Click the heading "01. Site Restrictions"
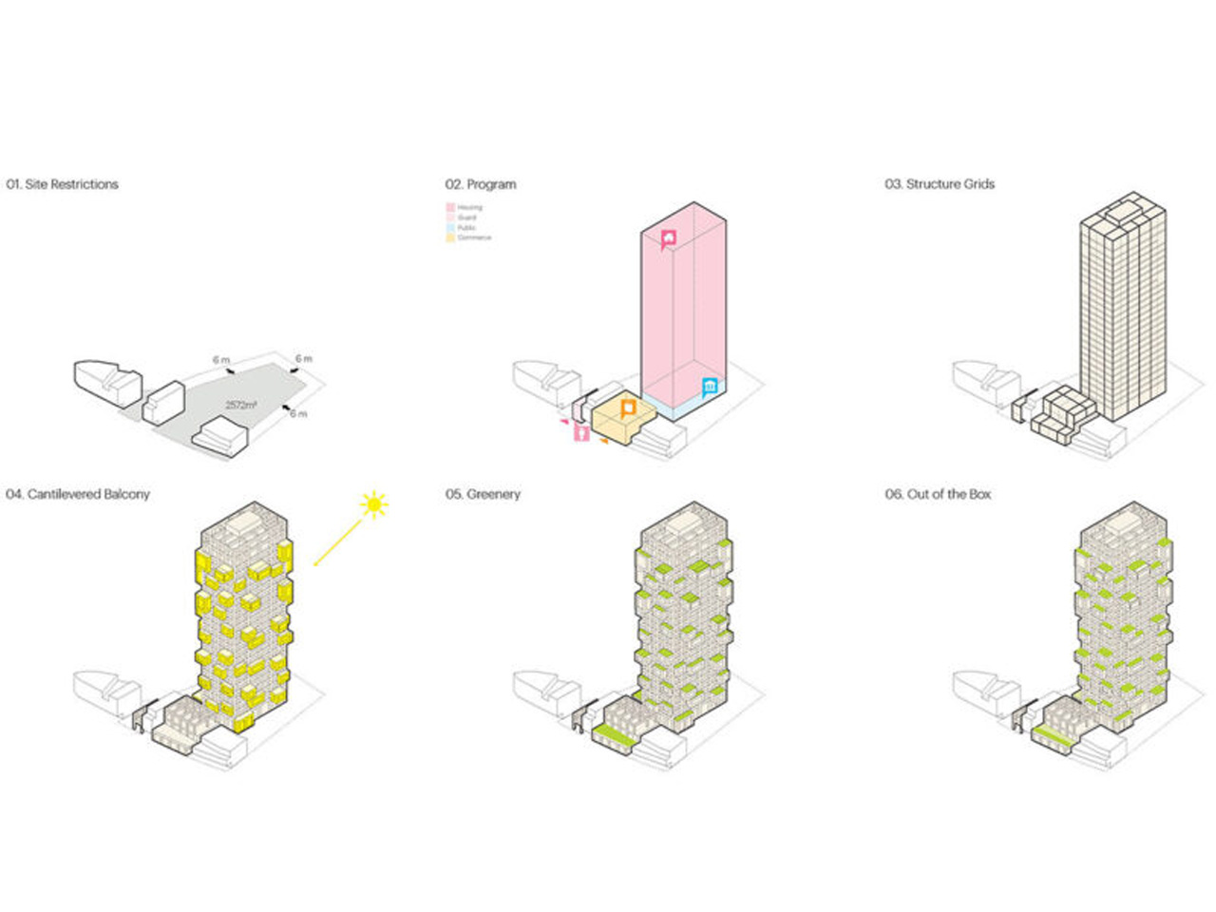pos(63,184)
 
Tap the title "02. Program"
pos(481,184)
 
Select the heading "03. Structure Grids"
pos(940,184)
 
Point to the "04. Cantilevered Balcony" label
pos(78,494)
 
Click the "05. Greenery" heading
pos(484,494)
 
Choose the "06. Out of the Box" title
pos(939,494)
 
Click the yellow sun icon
pos(374,504)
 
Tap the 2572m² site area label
pos(241,405)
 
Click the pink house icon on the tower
pos(671,239)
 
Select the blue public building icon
pos(711,387)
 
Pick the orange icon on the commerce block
pos(627,408)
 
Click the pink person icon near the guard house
pos(581,433)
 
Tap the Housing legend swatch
pos(450,207)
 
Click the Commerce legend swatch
pos(450,237)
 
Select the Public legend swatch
pos(450,228)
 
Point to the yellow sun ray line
pos(338,542)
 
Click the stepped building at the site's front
pos(220,437)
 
